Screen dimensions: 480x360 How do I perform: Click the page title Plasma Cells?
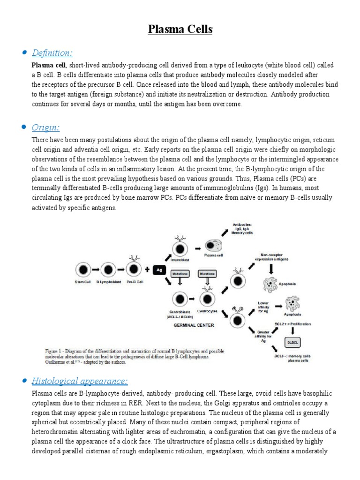point(180,30)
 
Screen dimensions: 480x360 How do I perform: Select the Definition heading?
point(52,52)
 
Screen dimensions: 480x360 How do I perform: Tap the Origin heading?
point(45,127)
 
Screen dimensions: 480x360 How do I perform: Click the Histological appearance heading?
point(80,380)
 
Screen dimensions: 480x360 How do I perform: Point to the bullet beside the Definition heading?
point(23,52)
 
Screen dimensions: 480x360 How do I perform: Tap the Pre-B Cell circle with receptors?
point(134,268)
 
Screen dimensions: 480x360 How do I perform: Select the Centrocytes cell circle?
point(207,298)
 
